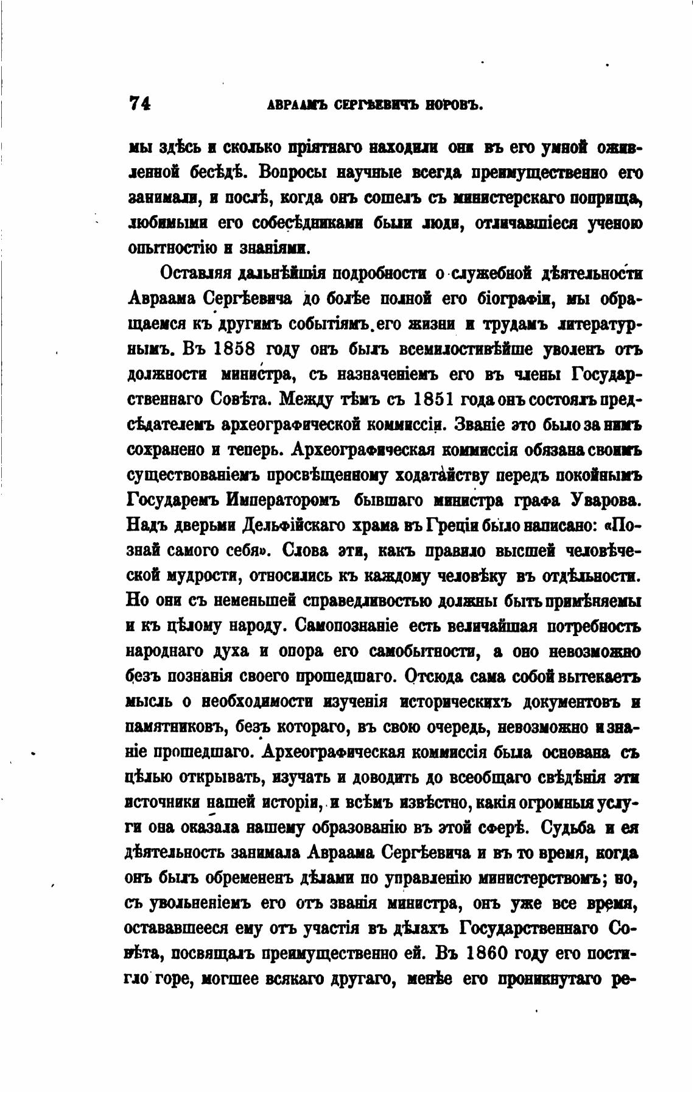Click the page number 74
140,104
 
